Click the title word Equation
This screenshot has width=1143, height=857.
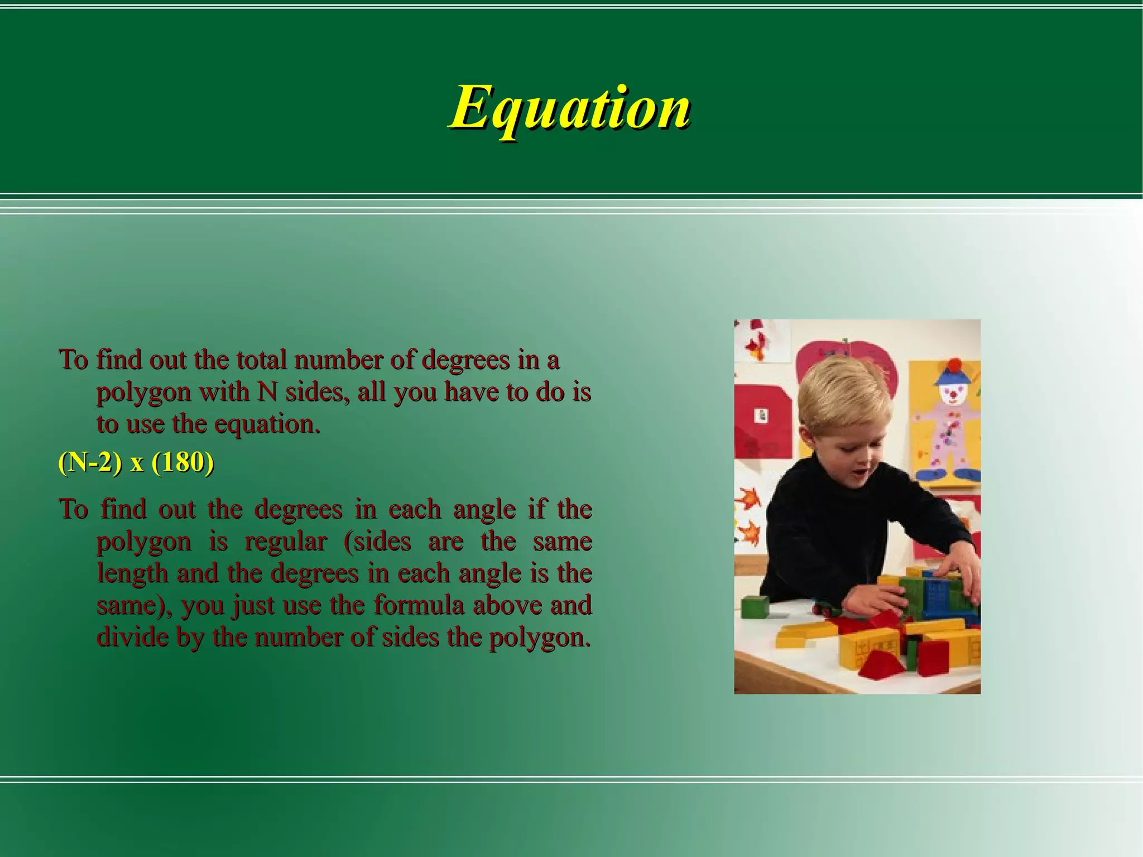point(570,107)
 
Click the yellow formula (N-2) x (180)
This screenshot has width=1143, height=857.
point(136,463)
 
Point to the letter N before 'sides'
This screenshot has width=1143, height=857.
point(267,392)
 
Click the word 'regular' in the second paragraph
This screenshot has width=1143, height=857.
point(286,542)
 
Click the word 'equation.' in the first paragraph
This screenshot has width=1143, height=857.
point(267,424)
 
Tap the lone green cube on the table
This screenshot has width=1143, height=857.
point(755,607)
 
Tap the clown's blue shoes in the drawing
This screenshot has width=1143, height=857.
point(943,475)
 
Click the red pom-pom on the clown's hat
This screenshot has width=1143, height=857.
point(954,365)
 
